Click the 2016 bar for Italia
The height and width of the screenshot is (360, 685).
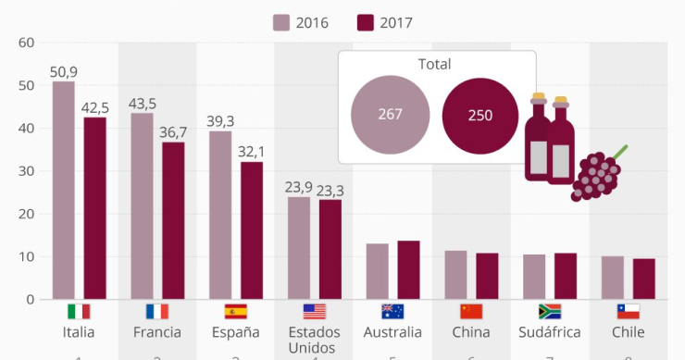pyautogui.click(x=64, y=191)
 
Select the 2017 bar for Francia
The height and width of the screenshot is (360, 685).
pyautogui.click(x=173, y=221)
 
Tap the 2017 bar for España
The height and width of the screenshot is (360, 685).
pyautogui.click(x=252, y=230)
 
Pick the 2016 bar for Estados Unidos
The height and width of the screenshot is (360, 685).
pyautogui.click(x=299, y=248)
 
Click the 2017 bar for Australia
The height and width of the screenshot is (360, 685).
pyautogui.click(x=408, y=270)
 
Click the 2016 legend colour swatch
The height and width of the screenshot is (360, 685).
pyautogui.click(x=281, y=22)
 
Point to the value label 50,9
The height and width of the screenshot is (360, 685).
pyautogui.click(x=64, y=71)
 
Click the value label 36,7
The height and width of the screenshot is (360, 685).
pyautogui.click(x=173, y=132)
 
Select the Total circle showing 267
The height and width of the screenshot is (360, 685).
pyautogui.click(x=390, y=115)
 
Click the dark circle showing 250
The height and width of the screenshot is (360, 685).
pyautogui.click(x=479, y=116)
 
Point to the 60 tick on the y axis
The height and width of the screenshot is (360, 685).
pyautogui.click(x=26, y=43)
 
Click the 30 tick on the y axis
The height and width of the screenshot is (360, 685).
pyautogui.click(x=26, y=171)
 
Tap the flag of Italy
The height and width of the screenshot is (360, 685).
pyautogui.click(x=79, y=312)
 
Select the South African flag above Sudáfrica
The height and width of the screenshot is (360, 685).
pyautogui.click(x=549, y=312)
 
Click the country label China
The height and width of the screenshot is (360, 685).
pyautogui.click(x=471, y=332)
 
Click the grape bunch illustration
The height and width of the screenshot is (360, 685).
pyautogui.click(x=596, y=174)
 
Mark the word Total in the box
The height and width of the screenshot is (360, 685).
pyautogui.click(x=435, y=65)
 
